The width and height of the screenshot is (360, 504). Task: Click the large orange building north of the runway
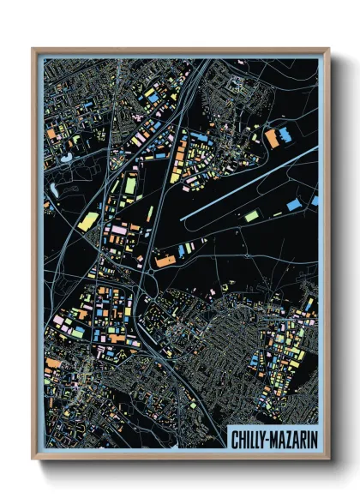coord(273,138)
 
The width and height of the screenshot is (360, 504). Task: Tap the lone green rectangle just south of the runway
coord(250,217)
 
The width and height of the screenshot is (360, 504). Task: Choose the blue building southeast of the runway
coord(294,206)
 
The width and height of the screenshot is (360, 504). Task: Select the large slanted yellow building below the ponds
coord(88,222)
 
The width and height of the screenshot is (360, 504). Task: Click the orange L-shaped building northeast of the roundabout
coord(164,258)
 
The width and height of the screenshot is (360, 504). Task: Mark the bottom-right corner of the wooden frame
coord(328,460)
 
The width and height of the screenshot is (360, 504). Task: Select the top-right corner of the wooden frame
coord(328,49)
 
